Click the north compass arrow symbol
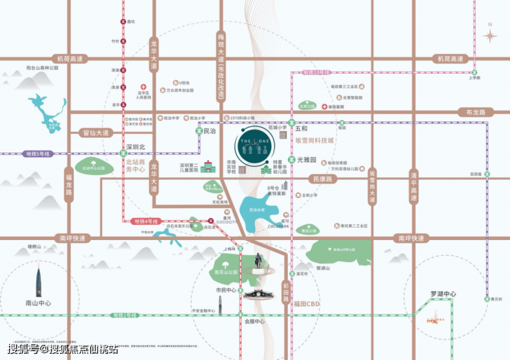coord(491,34)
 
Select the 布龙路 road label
coord(480,112)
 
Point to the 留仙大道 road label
coord(95,132)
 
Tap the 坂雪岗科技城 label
coord(314,140)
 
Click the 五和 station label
coord(301,128)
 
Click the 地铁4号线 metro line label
coord(145,221)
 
